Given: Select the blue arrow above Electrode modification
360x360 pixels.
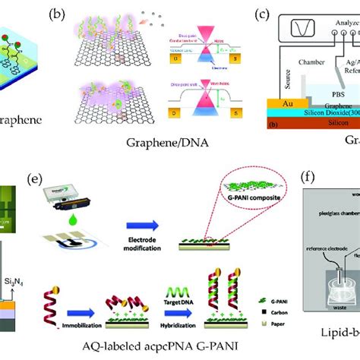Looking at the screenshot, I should click(x=169, y=227).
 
